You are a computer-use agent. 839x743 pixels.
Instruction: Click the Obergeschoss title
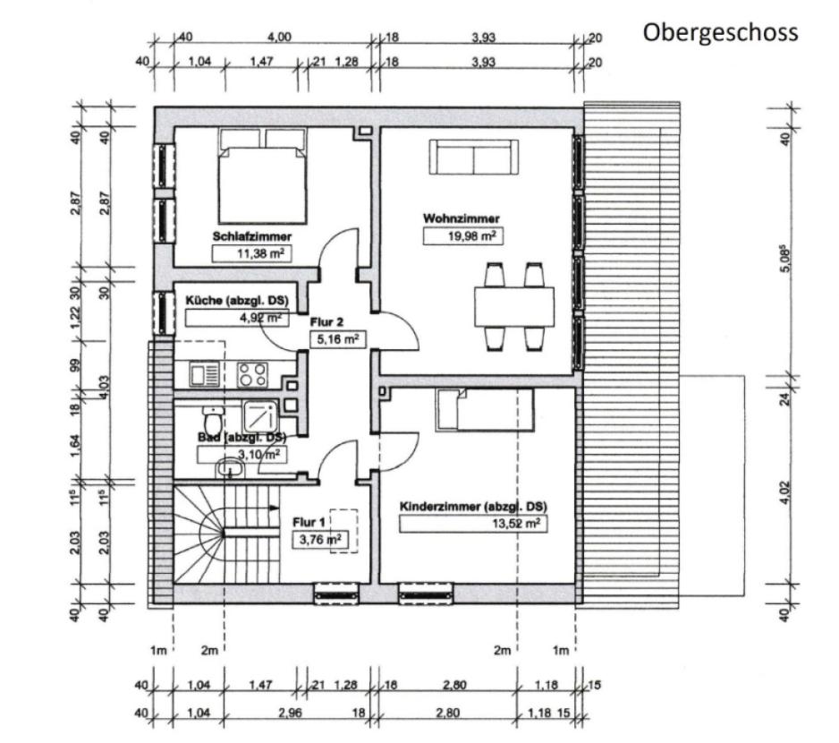pos(719,33)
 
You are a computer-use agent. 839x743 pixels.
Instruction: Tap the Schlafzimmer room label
pos(252,237)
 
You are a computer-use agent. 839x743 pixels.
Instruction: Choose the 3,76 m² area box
pos(319,539)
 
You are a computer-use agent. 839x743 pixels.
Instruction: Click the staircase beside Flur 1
pos(224,532)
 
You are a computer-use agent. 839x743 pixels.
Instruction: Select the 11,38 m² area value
pos(252,254)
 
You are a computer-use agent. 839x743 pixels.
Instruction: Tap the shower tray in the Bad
pos(262,414)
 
